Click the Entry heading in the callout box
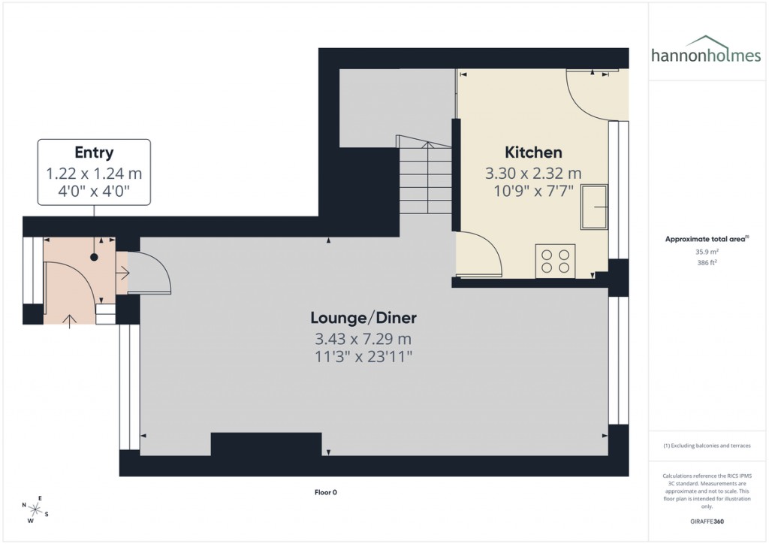click(x=94, y=153)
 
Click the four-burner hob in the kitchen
click(x=555, y=261)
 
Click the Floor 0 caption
click(x=325, y=493)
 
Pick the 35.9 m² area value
click(x=705, y=252)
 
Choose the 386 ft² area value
click(x=705, y=264)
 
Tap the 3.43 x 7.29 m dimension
click(x=364, y=339)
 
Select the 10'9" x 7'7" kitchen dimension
click(x=533, y=190)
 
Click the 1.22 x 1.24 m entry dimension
click(x=94, y=174)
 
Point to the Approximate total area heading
click(x=705, y=239)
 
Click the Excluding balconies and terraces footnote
click(x=705, y=446)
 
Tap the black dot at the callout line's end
click(x=94, y=258)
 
